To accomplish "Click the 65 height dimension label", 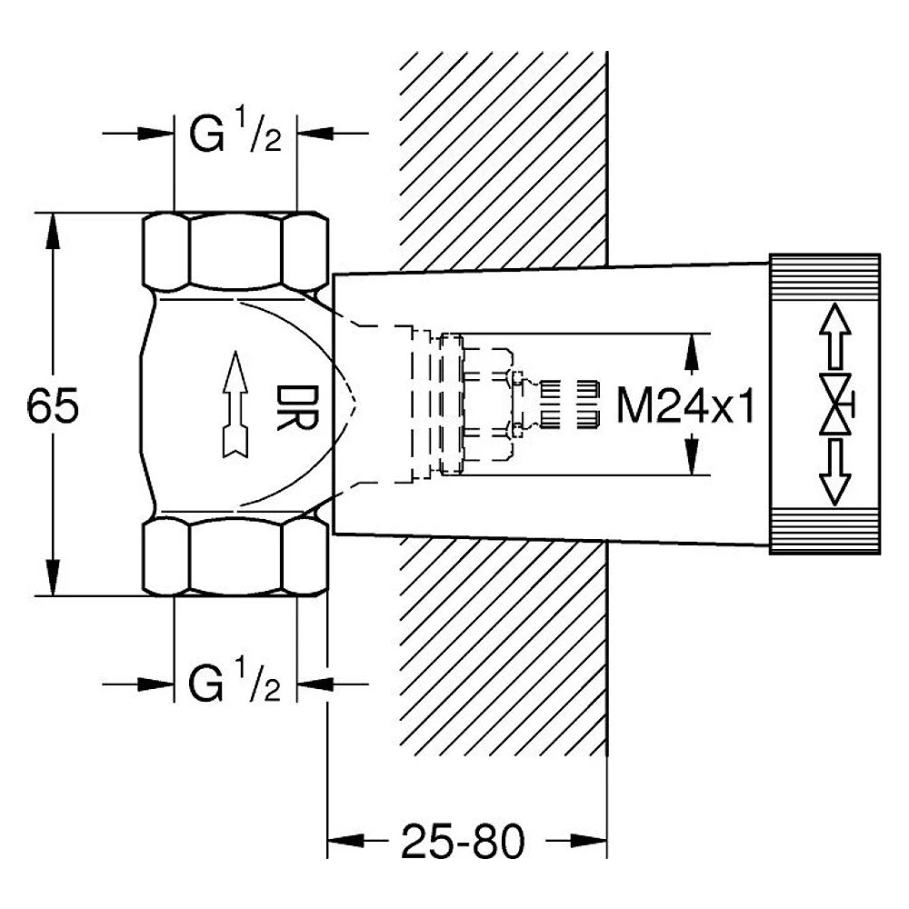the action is (x=53, y=405).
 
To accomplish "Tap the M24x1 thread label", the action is (x=685, y=405).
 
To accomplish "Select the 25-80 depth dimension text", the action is (x=463, y=841).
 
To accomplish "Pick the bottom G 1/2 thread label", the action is (x=235, y=684).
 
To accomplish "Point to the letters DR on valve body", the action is (x=297, y=407).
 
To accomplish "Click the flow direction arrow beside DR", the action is (x=235, y=405).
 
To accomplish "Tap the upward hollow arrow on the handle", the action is (x=834, y=335).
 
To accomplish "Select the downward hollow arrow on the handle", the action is (x=834, y=472).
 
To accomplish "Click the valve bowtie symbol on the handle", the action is (x=836, y=405).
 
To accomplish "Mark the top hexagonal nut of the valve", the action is (x=235, y=251).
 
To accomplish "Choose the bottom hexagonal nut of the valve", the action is (x=235, y=557).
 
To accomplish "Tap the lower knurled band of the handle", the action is (x=824, y=531).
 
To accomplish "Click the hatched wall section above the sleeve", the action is (x=504, y=162).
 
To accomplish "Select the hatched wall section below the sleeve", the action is (x=504, y=646).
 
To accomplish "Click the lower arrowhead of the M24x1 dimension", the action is (x=691, y=456).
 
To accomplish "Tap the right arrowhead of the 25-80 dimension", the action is (x=588, y=841).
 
